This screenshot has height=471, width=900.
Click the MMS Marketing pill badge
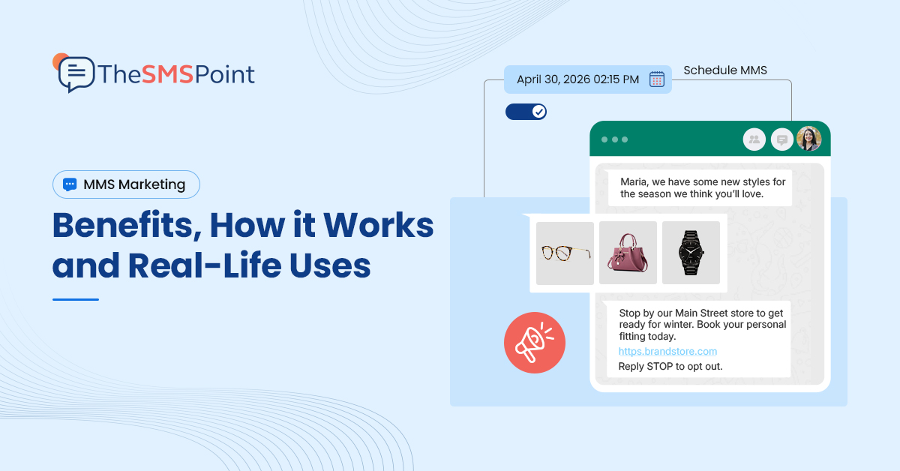(x=126, y=184)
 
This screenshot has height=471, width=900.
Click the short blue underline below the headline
(x=76, y=299)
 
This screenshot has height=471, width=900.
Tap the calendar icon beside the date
(x=656, y=79)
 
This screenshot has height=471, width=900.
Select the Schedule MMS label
(x=724, y=71)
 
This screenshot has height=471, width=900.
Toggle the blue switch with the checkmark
(x=526, y=112)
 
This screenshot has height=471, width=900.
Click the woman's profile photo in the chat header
(x=808, y=139)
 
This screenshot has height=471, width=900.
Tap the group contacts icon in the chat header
(x=754, y=139)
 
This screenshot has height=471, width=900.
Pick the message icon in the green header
(x=781, y=139)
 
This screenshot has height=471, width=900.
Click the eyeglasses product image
(x=565, y=253)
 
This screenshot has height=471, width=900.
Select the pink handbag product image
(x=628, y=253)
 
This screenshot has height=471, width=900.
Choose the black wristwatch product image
(x=691, y=253)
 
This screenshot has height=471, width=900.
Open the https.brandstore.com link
(x=667, y=351)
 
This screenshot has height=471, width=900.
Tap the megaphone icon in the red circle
(x=534, y=343)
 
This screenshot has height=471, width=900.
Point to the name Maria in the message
(x=634, y=182)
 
